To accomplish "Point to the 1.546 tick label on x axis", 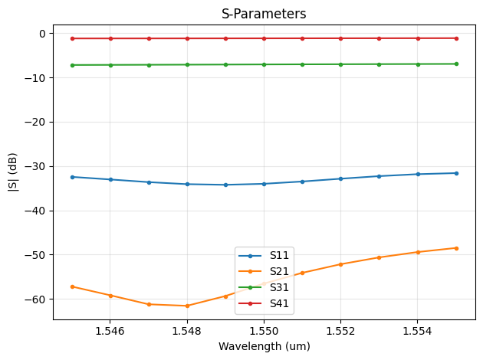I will pyautogui.click(x=110, y=330).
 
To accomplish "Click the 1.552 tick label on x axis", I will pyautogui.click(x=340, y=330).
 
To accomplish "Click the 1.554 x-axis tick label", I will pyautogui.click(x=417, y=330).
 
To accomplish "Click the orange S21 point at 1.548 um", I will pyautogui.click(x=187, y=306).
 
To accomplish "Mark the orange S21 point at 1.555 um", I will pyautogui.click(x=456, y=248).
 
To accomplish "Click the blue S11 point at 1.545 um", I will pyautogui.click(x=72, y=177).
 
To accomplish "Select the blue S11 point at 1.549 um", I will pyautogui.click(x=225, y=185).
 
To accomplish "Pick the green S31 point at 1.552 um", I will pyautogui.click(x=340, y=64).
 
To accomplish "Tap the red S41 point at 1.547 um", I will pyautogui.click(x=149, y=38).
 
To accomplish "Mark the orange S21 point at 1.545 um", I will pyautogui.click(x=72, y=286).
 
